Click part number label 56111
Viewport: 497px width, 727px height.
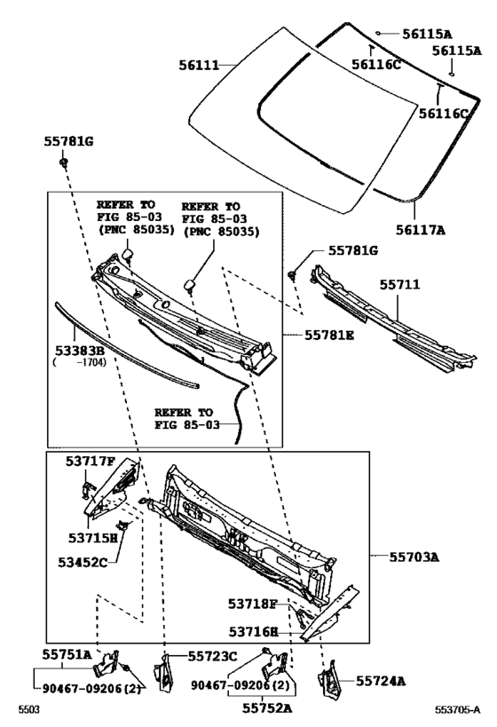tap(199, 66)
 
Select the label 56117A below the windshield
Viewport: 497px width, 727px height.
tap(420, 230)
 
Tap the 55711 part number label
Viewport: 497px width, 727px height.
tap(399, 284)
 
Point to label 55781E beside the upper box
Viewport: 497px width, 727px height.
tap(328, 335)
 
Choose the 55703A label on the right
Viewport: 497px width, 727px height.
tap(414, 557)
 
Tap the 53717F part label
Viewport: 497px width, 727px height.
tap(90, 461)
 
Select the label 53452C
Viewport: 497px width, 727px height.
tap(83, 563)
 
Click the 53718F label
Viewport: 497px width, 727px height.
tap(252, 604)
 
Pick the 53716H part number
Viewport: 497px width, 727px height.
tap(254, 631)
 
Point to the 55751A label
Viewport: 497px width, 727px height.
tap(67, 654)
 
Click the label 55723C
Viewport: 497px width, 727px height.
tap(212, 656)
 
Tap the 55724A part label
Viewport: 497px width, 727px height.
tap(381, 681)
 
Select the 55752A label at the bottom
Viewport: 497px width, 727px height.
tap(267, 708)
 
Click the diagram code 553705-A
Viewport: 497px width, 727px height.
tap(457, 710)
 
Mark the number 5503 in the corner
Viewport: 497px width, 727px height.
tap(28, 710)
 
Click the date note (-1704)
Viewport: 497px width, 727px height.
tap(79, 362)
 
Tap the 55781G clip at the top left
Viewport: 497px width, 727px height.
tap(64, 162)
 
